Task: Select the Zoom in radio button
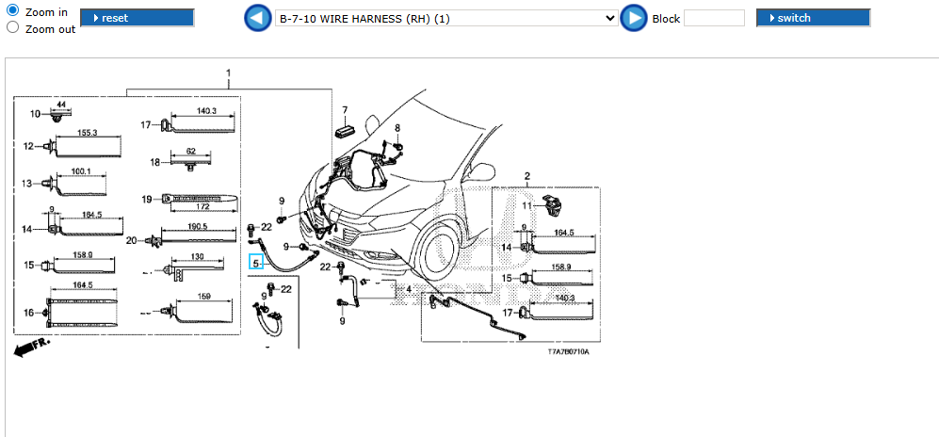point(13,10)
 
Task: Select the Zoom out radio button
point(13,27)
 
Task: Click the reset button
point(138,18)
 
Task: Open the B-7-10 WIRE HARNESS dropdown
point(447,18)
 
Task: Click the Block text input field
point(713,18)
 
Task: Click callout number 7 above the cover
point(345,110)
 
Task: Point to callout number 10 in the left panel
point(36,114)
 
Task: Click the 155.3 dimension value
point(88,134)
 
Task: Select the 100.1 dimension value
point(81,171)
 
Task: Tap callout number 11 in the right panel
point(527,205)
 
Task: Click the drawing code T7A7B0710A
point(568,351)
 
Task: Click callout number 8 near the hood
point(397,128)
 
